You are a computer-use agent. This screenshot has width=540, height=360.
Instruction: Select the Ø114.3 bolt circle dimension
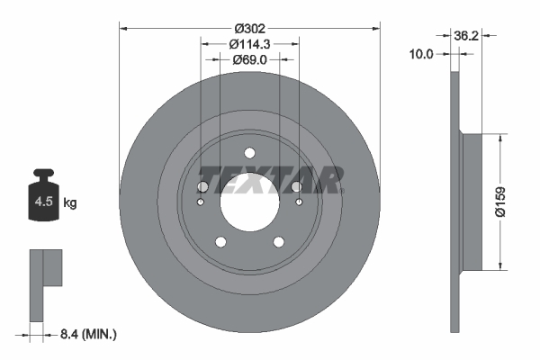click(249, 43)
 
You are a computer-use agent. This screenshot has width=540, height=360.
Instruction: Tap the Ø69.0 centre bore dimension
click(249, 59)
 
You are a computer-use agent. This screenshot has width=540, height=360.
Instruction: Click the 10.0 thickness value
click(422, 54)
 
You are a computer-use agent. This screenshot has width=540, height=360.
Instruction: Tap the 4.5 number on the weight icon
click(42, 203)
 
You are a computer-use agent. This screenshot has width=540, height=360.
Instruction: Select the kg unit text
click(70, 203)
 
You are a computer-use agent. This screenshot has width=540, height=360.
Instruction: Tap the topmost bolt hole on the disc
click(249, 152)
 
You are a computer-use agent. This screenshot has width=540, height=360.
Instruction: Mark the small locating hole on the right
click(299, 202)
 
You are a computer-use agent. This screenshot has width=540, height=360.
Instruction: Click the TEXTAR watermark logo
click(270, 181)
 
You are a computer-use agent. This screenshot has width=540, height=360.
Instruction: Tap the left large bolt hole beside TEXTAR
click(203, 186)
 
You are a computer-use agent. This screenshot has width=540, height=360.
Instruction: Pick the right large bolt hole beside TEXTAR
click(295, 186)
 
